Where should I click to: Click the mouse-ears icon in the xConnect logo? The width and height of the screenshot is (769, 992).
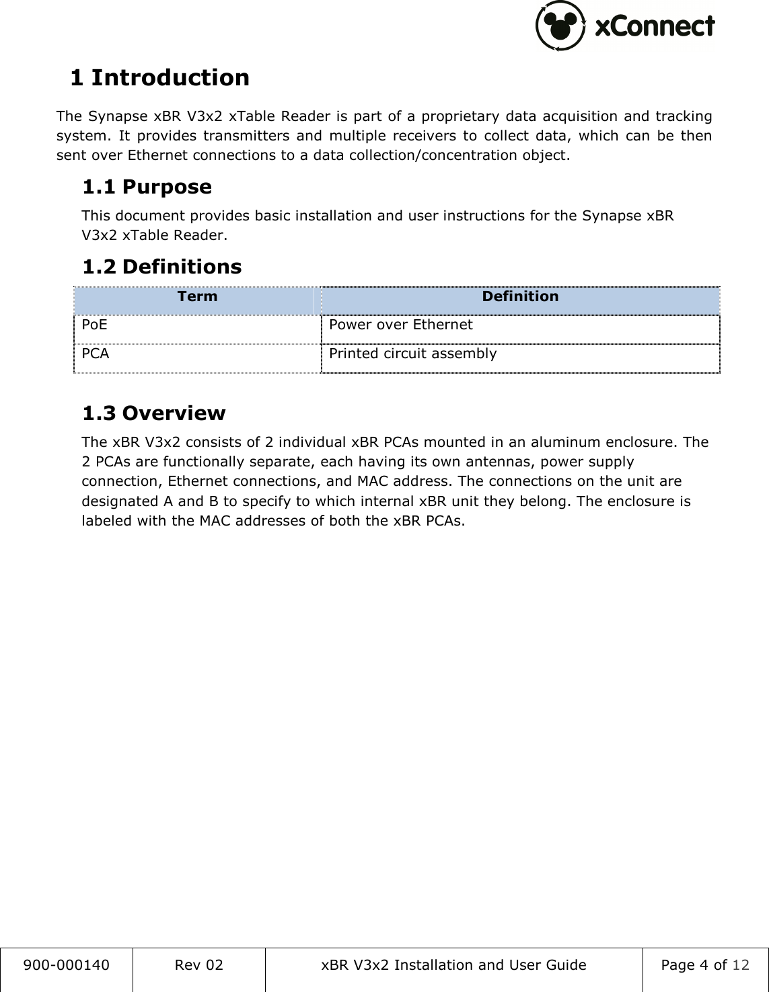tap(560, 26)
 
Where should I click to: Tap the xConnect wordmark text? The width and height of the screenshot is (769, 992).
tap(655, 26)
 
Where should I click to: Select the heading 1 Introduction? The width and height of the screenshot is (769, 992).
tap(159, 78)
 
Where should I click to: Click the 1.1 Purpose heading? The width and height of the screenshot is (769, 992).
tap(147, 187)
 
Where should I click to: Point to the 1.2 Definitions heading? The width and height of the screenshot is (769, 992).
tap(161, 267)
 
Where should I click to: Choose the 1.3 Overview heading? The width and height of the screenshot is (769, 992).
tap(153, 413)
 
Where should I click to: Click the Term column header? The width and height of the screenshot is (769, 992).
tap(197, 296)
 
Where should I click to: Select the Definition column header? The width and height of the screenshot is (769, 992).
tap(520, 296)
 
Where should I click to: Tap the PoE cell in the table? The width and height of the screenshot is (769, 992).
tap(94, 325)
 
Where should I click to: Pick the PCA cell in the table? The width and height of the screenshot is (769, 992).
tap(96, 354)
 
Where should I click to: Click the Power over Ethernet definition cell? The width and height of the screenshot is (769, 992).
tap(400, 325)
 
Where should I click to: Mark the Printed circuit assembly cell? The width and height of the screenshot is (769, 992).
tap(412, 354)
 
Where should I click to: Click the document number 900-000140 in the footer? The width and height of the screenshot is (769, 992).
tap(67, 966)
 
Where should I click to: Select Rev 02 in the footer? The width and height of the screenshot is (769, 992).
tap(198, 966)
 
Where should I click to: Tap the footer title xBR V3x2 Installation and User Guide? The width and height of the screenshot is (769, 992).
tap(453, 966)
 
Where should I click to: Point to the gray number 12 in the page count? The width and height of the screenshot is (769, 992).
tap(740, 966)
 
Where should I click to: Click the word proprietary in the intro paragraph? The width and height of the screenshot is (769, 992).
tap(461, 117)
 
